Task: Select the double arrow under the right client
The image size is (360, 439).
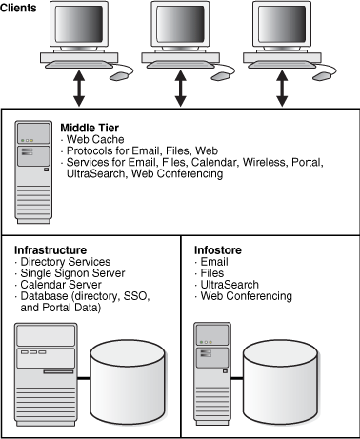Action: click(281, 89)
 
